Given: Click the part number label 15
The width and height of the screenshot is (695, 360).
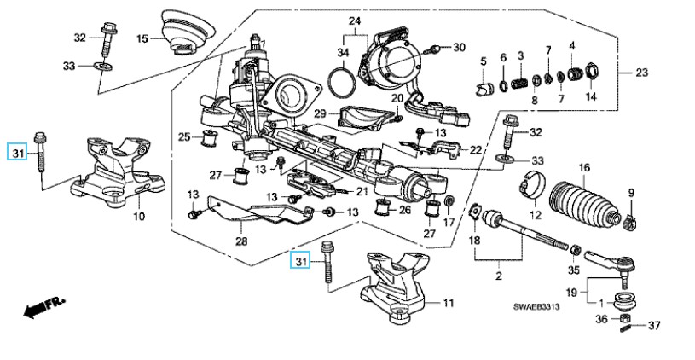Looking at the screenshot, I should tap(142, 38).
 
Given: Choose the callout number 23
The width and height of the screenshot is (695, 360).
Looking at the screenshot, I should tap(641, 73).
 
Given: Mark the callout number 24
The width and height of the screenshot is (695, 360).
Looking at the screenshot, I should tap(355, 20).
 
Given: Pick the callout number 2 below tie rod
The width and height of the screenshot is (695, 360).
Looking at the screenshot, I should tap(499, 277).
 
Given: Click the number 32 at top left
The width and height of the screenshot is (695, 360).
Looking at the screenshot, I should tap(80, 37).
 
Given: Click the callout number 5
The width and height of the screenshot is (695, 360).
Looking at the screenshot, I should tap(483, 61).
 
